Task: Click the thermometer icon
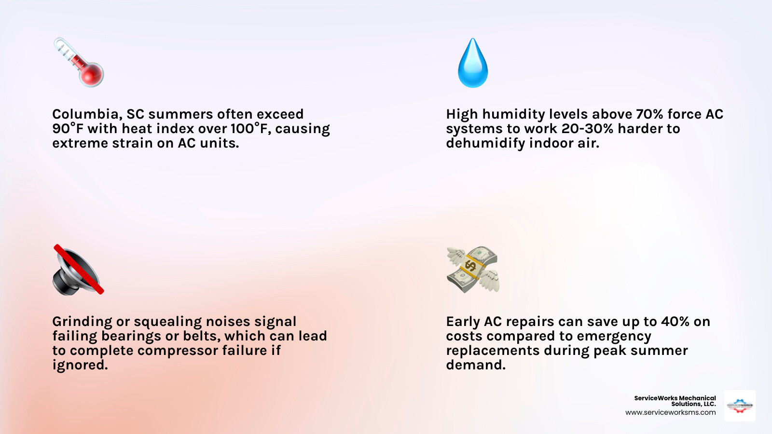[x=78, y=62]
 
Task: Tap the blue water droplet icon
[x=473, y=63]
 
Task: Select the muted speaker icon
[x=78, y=270]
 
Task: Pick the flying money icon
[x=473, y=270]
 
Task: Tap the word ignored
[x=80, y=365]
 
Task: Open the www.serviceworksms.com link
[x=670, y=413]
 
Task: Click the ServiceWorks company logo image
[x=740, y=406]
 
